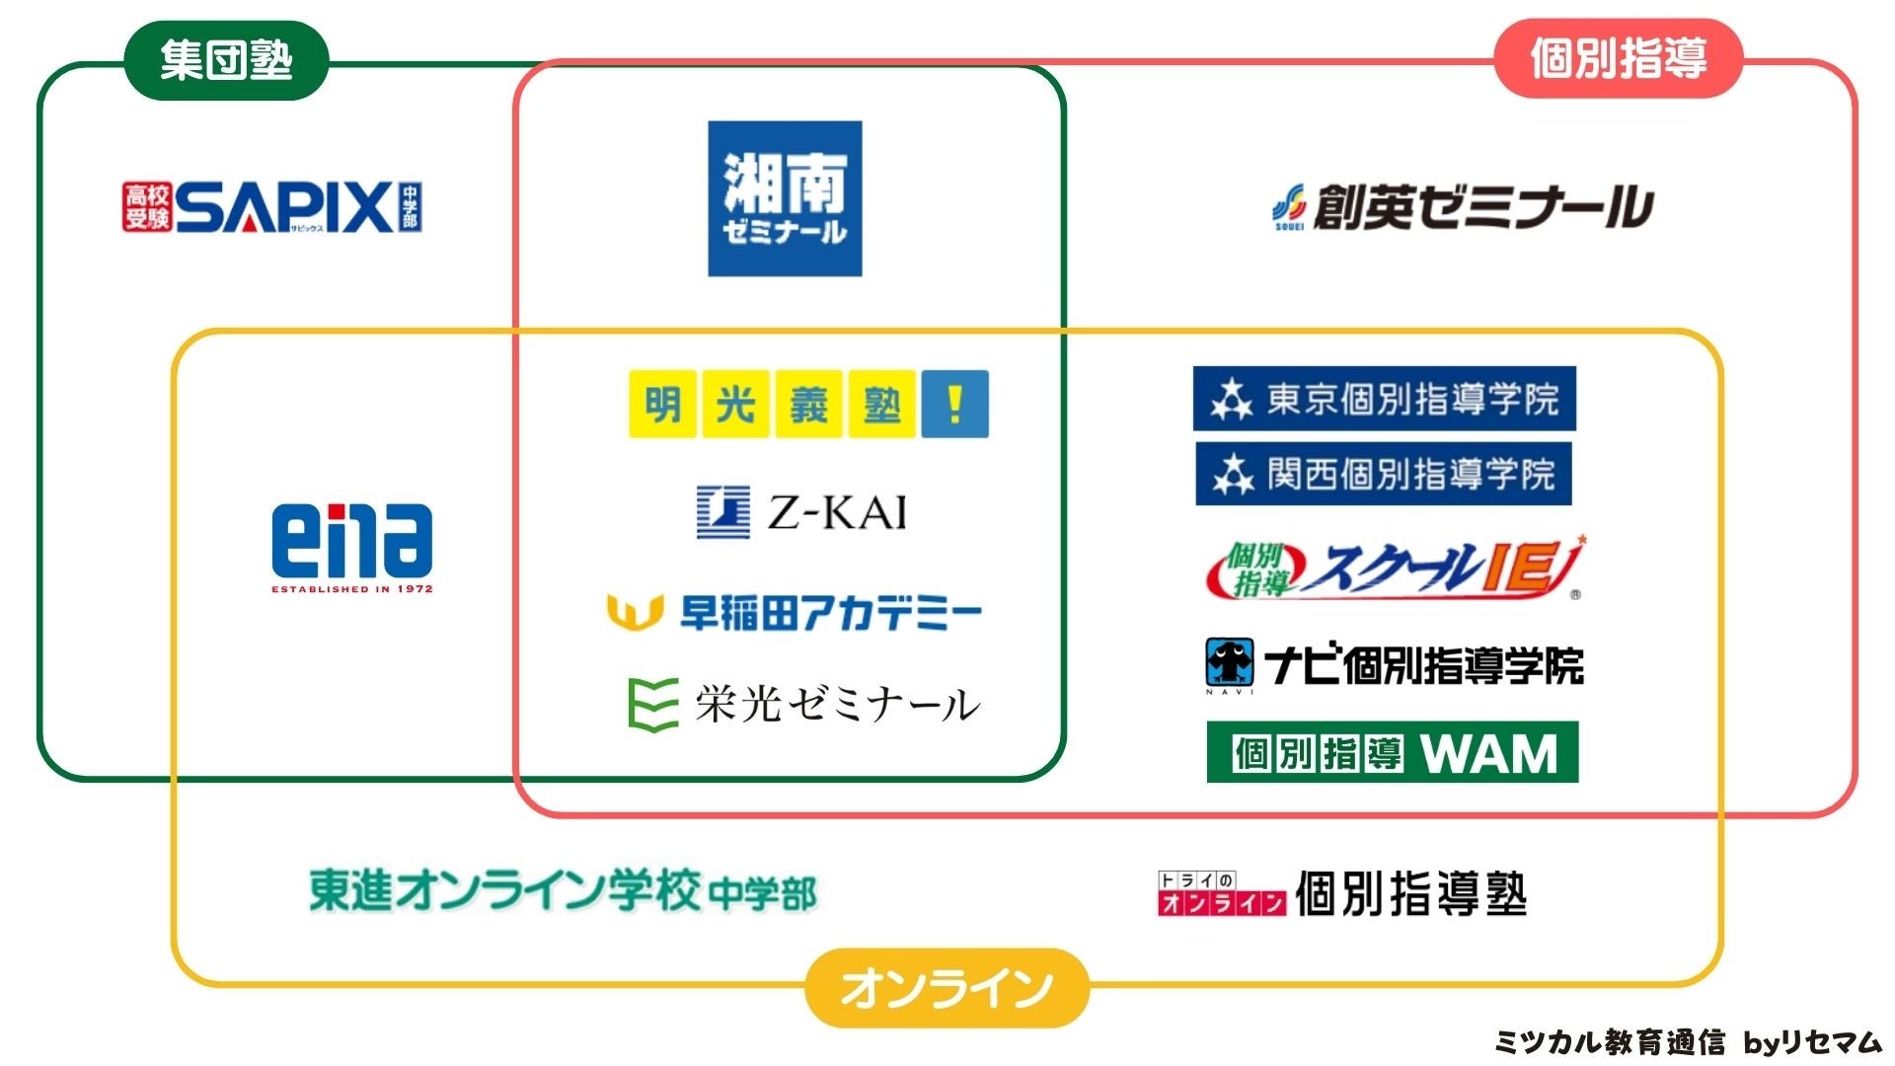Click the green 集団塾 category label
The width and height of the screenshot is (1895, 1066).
[226, 60]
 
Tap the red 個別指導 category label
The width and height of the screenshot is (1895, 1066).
[1618, 58]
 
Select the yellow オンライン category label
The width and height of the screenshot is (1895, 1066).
[947, 988]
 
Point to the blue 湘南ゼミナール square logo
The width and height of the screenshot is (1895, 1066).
[785, 198]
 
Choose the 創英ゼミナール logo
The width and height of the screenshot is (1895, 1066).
[1462, 207]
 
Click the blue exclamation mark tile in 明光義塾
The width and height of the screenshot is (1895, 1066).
[954, 404]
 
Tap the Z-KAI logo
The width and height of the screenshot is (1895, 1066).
[801, 512]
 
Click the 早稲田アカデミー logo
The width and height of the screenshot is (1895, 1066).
[795, 612]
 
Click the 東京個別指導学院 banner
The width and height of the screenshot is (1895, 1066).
[1384, 399]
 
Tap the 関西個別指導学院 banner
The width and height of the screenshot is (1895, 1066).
[1383, 474]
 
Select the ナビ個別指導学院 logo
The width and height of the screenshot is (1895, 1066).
[1395, 664]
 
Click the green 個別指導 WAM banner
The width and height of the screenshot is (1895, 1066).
[1392, 752]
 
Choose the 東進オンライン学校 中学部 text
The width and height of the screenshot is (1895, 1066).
[563, 891]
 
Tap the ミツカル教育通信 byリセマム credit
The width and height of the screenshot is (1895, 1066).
[1688, 1042]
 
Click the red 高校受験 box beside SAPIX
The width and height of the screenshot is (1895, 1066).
[147, 206]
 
